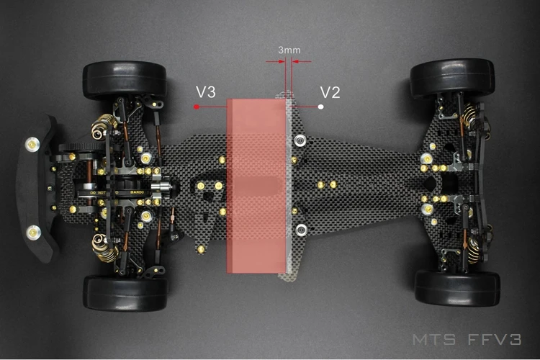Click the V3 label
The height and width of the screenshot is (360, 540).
(x=205, y=93)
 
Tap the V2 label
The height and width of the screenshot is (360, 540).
(x=330, y=93)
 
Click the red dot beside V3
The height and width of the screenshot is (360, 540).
(x=195, y=107)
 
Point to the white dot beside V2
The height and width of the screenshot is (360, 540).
(x=320, y=107)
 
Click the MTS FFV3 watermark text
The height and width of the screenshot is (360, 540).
(x=467, y=339)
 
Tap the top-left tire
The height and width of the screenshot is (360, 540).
(x=125, y=80)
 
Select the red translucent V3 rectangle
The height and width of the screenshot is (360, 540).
(x=256, y=185)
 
